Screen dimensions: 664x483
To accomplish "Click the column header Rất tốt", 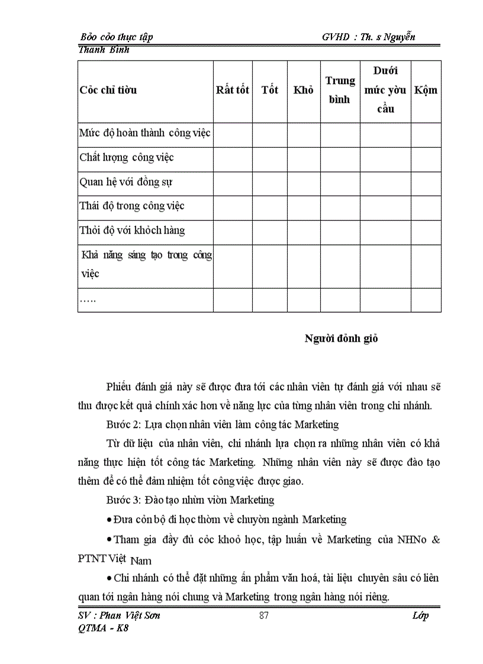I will click(x=233, y=90).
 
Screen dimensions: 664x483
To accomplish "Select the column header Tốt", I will click(x=270, y=90).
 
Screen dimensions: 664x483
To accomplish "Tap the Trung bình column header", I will click(x=340, y=90).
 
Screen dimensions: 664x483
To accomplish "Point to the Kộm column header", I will click(x=426, y=90).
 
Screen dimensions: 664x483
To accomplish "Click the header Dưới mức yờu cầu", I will click(x=385, y=90).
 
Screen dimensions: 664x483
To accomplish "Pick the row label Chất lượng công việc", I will click(x=127, y=158).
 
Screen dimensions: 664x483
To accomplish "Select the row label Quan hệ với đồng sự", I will click(x=126, y=182).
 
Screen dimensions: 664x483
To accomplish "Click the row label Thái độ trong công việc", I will click(x=132, y=206).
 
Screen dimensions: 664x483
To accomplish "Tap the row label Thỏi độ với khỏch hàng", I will click(x=132, y=230).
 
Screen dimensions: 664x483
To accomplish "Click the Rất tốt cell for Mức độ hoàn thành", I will click(x=233, y=134).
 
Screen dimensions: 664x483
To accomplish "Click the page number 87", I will click(x=265, y=616).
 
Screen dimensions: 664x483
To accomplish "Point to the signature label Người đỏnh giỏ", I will click(x=341, y=339).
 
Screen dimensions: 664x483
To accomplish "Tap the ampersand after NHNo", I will click(x=435, y=540).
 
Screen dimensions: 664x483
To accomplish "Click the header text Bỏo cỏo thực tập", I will click(x=116, y=37).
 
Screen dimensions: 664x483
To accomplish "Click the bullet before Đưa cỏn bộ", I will click(x=110, y=520).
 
